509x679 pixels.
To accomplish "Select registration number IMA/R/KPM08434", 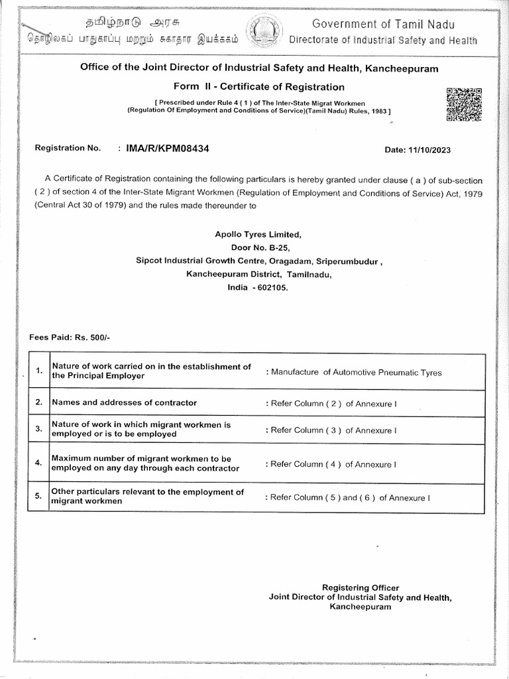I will (x=168, y=149).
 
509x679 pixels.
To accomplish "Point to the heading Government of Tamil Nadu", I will (x=384, y=25).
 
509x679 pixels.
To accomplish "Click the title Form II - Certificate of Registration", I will (x=259, y=87).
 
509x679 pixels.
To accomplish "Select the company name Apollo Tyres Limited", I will (x=258, y=235).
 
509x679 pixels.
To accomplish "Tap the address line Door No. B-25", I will (x=258, y=247).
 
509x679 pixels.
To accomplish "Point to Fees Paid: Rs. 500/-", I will (x=70, y=338).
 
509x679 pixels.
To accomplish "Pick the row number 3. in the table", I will (x=39, y=429).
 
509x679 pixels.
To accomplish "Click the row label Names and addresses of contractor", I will (x=124, y=402).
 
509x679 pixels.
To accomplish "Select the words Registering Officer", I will (x=360, y=587).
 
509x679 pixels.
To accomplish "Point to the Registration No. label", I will (x=68, y=148).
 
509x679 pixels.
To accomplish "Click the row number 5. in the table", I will (x=39, y=496).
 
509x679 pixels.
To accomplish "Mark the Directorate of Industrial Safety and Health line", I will (x=383, y=40).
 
